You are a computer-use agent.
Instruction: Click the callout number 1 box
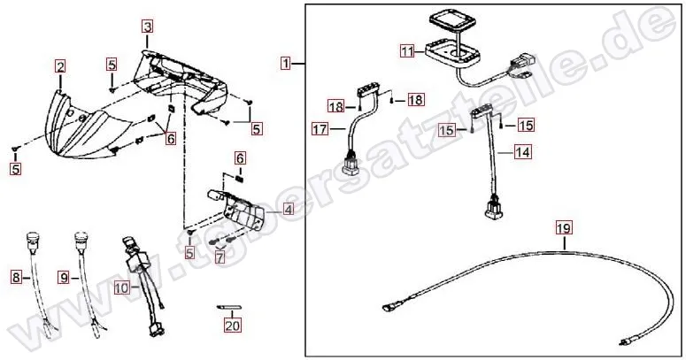tap(286, 64)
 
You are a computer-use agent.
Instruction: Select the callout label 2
tap(60, 67)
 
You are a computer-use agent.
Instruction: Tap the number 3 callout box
tap(148, 27)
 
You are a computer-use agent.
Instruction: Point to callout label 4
tap(289, 210)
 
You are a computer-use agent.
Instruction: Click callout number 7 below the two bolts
tap(220, 257)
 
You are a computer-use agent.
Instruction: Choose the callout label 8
tap(16, 277)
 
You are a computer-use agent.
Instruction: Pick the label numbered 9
tap(65, 277)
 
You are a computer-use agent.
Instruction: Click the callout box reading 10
tap(122, 287)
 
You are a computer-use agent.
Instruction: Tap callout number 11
tap(407, 51)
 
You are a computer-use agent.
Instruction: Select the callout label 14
tap(522, 152)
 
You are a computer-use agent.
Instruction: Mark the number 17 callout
tap(320, 129)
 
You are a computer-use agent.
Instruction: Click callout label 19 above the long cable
tap(564, 228)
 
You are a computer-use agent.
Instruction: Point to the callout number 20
tap(233, 326)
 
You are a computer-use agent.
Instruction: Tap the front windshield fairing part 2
tap(83, 126)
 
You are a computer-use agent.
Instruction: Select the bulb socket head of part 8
tap(34, 239)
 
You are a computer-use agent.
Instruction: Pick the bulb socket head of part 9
tap(81, 239)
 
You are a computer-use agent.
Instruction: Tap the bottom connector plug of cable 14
tap(493, 207)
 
